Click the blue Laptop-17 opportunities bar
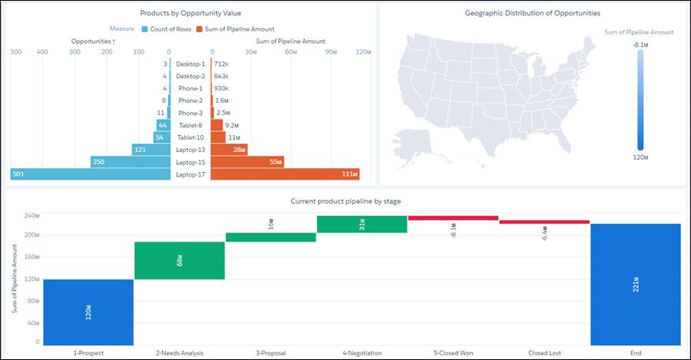click(x=91, y=174)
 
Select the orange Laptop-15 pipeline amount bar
click(x=247, y=162)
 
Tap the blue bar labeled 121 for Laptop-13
click(x=151, y=150)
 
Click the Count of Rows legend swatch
click(x=144, y=29)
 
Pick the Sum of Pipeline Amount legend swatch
click(x=199, y=29)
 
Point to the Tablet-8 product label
click(x=190, y=125)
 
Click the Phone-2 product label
click(x=190, y=101)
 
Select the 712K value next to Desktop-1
click(x=221, y=64)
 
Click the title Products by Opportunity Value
click(x=190, y=13)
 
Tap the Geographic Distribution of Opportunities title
click(x=532, y=13)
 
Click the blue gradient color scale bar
click(x=640, y=100)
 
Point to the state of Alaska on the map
click(x=412, y=145)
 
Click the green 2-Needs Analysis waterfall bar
click(x=180, y=260)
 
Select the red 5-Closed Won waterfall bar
click(x=454, y=218)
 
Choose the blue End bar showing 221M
click(x=636, y=285)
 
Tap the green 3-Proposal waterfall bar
click(x=270, y=237)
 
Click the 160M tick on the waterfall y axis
click(x=31, y=256)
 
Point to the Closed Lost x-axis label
click(x=544, y=353)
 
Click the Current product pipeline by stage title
click(x=345, y=201)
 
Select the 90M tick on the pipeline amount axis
click(x=331, y=52)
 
